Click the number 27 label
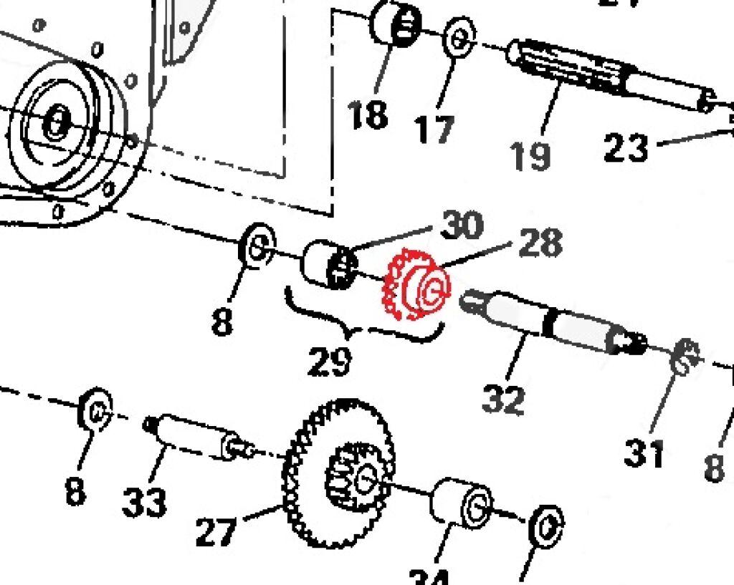[x=216, y=531]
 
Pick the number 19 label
[x=531, y=155]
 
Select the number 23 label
[x=626, y=148]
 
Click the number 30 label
[x=462, y=225]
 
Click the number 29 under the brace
[x=330, y=361]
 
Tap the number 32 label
[x=504, y=398]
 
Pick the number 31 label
[x=643, y=453]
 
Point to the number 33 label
[x=145, y=503]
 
